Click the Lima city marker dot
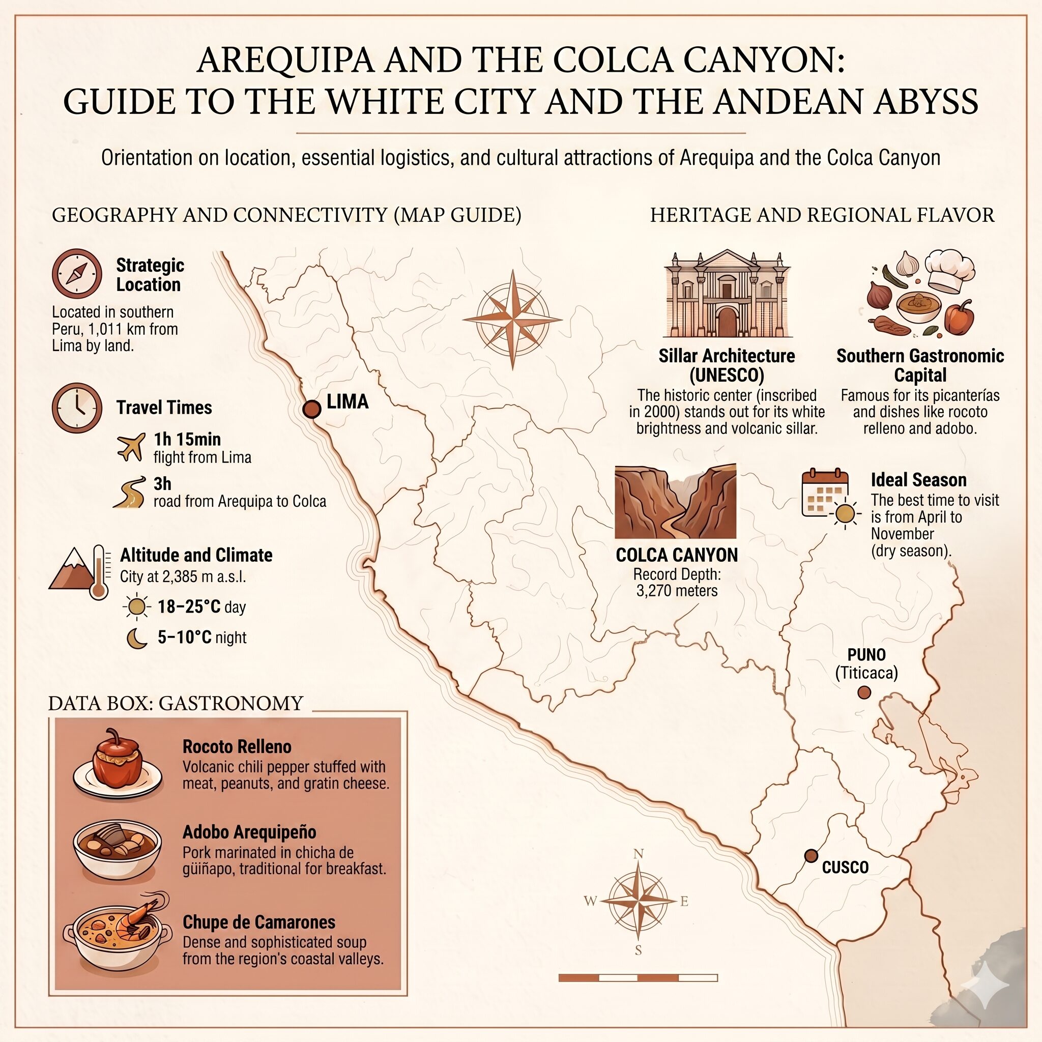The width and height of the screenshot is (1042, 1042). pyautogui.click(x=311, y=410)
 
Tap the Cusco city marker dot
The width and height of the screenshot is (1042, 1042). pyautogui.click(x=811, y=855)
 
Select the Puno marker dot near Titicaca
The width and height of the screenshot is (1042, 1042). pyautogui.click(x=864, y=692)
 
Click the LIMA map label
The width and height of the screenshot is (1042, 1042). pyautogui.click(x=348, y=402)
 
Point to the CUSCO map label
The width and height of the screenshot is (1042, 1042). pyautogui.click(x=845, y=867)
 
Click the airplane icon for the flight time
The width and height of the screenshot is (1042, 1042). pyautogui.click(x=131, y=447)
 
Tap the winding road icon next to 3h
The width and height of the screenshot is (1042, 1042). pyautogui.click(x=130, y=492)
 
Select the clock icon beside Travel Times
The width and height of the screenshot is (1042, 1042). pyautogui.click(x=77, y=408)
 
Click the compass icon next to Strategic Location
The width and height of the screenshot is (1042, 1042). pyautogui.click(x=77, y=273)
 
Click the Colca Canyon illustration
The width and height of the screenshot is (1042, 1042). pyautogui.click(x=675, y=502)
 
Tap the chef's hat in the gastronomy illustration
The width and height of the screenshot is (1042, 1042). pyautogui.click(x=949, y=271)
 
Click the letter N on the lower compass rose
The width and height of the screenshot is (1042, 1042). pyautogui.click(x=638, y=853)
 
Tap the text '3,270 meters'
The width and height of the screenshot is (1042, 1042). pyautogui.click(x=677, y=591)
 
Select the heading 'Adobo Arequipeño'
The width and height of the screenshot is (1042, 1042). pyautogui.click(x=249, y=832)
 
